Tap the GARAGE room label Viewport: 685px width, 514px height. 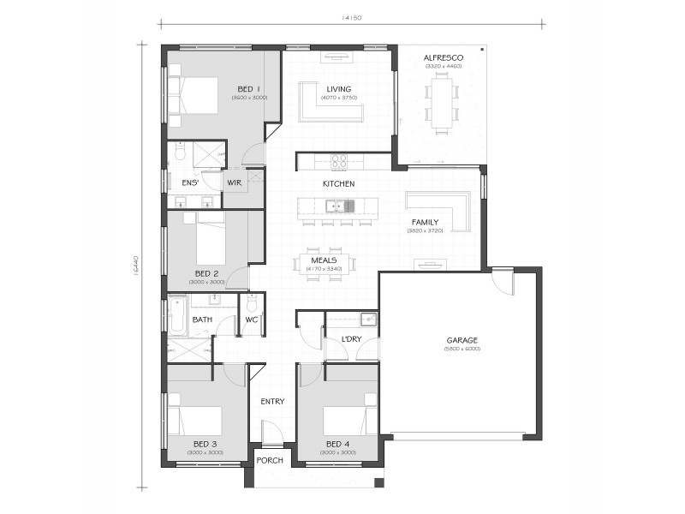click(x=462, y=340)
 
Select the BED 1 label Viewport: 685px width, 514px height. click(x=249, y=88)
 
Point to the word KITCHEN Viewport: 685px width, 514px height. click(x=338, y=184)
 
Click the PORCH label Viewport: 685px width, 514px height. click(x=270, y=460)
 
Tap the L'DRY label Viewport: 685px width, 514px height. click(x=352, y=340)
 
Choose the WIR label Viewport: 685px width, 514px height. click(x=235, y=182)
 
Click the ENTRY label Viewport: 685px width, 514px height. click(x=272, y=402)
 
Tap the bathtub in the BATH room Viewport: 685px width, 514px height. click(x=177, y=315)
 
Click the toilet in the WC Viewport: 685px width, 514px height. click(x=252, y=305)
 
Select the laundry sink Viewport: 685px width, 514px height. click(x=367, y=320)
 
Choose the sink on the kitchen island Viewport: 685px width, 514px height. click(x=339, y=206)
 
